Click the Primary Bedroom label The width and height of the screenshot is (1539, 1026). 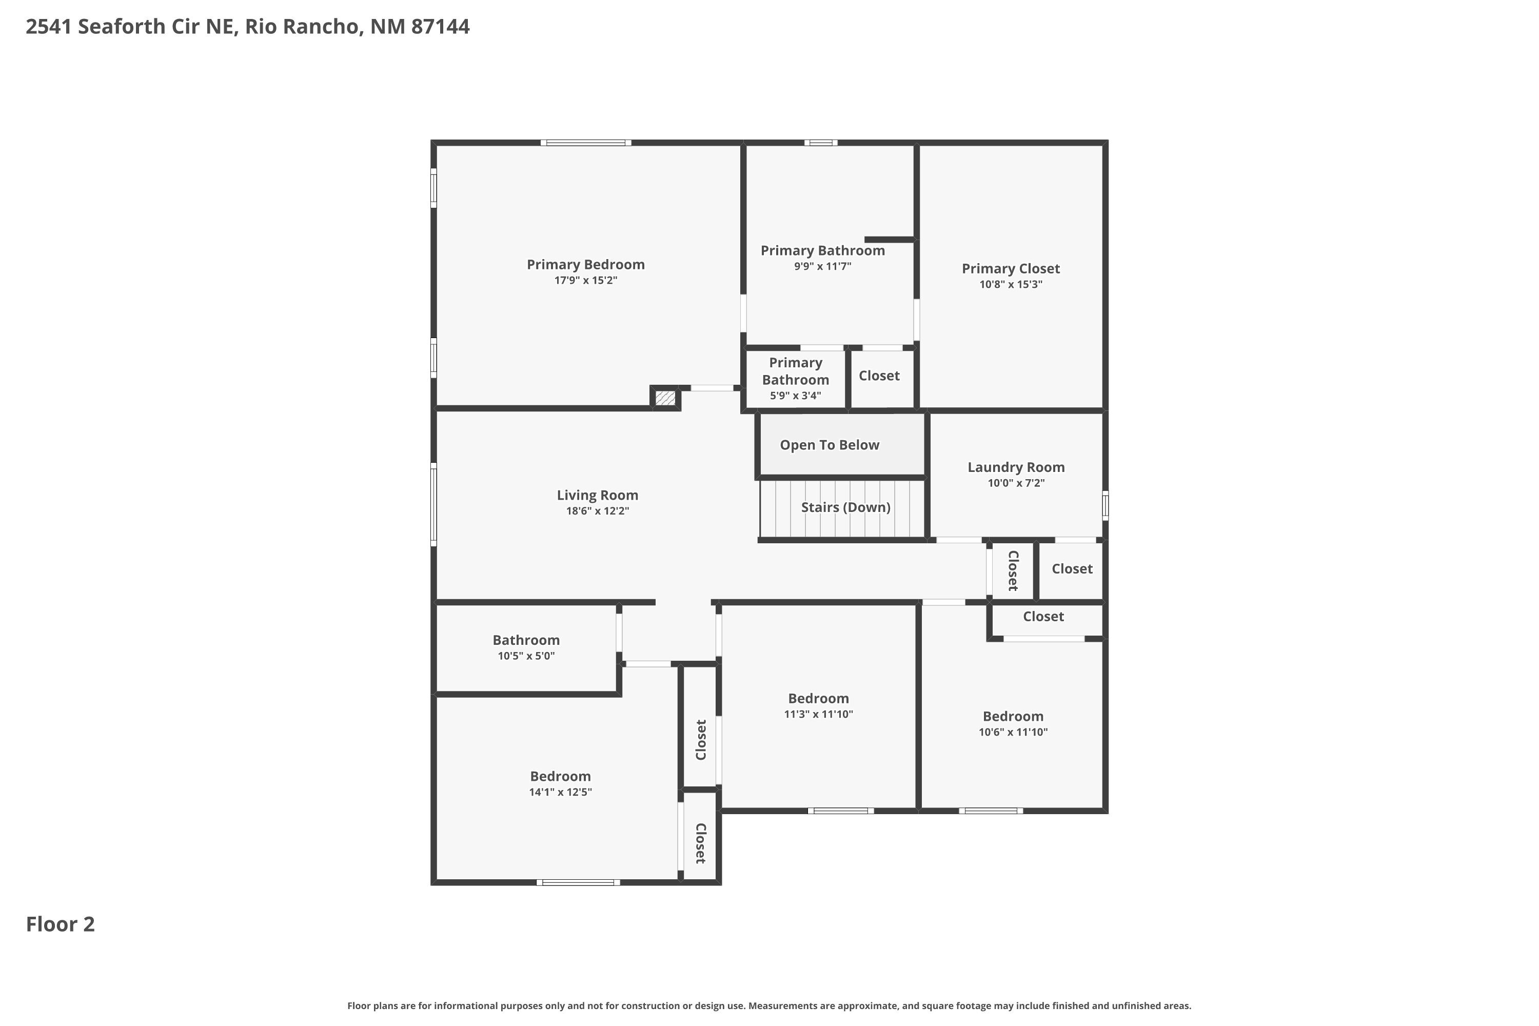[x=586, y=264]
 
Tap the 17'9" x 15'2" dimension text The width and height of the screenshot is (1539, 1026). [x=586, y=281]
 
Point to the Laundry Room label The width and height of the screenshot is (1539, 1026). [x=1016, y=467]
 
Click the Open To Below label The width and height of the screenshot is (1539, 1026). [x=829, y=445]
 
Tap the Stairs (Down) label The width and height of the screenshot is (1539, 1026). [x=845, y=507]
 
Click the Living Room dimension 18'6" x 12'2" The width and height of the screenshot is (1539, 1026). [x=598, y=511]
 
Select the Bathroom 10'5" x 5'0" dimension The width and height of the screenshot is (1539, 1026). [x=526, y=656]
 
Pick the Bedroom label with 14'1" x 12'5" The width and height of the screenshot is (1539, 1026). [x=560, y=776]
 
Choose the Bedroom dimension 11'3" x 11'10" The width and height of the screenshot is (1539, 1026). [x=818, y=714]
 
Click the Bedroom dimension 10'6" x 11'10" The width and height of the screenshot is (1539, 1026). [x=1013, y=732]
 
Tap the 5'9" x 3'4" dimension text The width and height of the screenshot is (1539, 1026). [x=795, y=395]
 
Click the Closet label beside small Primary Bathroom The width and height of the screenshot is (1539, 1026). [x=879, y=376]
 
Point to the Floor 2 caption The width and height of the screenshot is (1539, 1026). [x=60, y=924]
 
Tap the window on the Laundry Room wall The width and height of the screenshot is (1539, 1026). [x=1105, y=506]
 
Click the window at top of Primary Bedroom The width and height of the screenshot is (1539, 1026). [x=586, y=143]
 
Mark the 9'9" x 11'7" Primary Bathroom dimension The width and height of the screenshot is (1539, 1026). [x=822, y=266]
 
